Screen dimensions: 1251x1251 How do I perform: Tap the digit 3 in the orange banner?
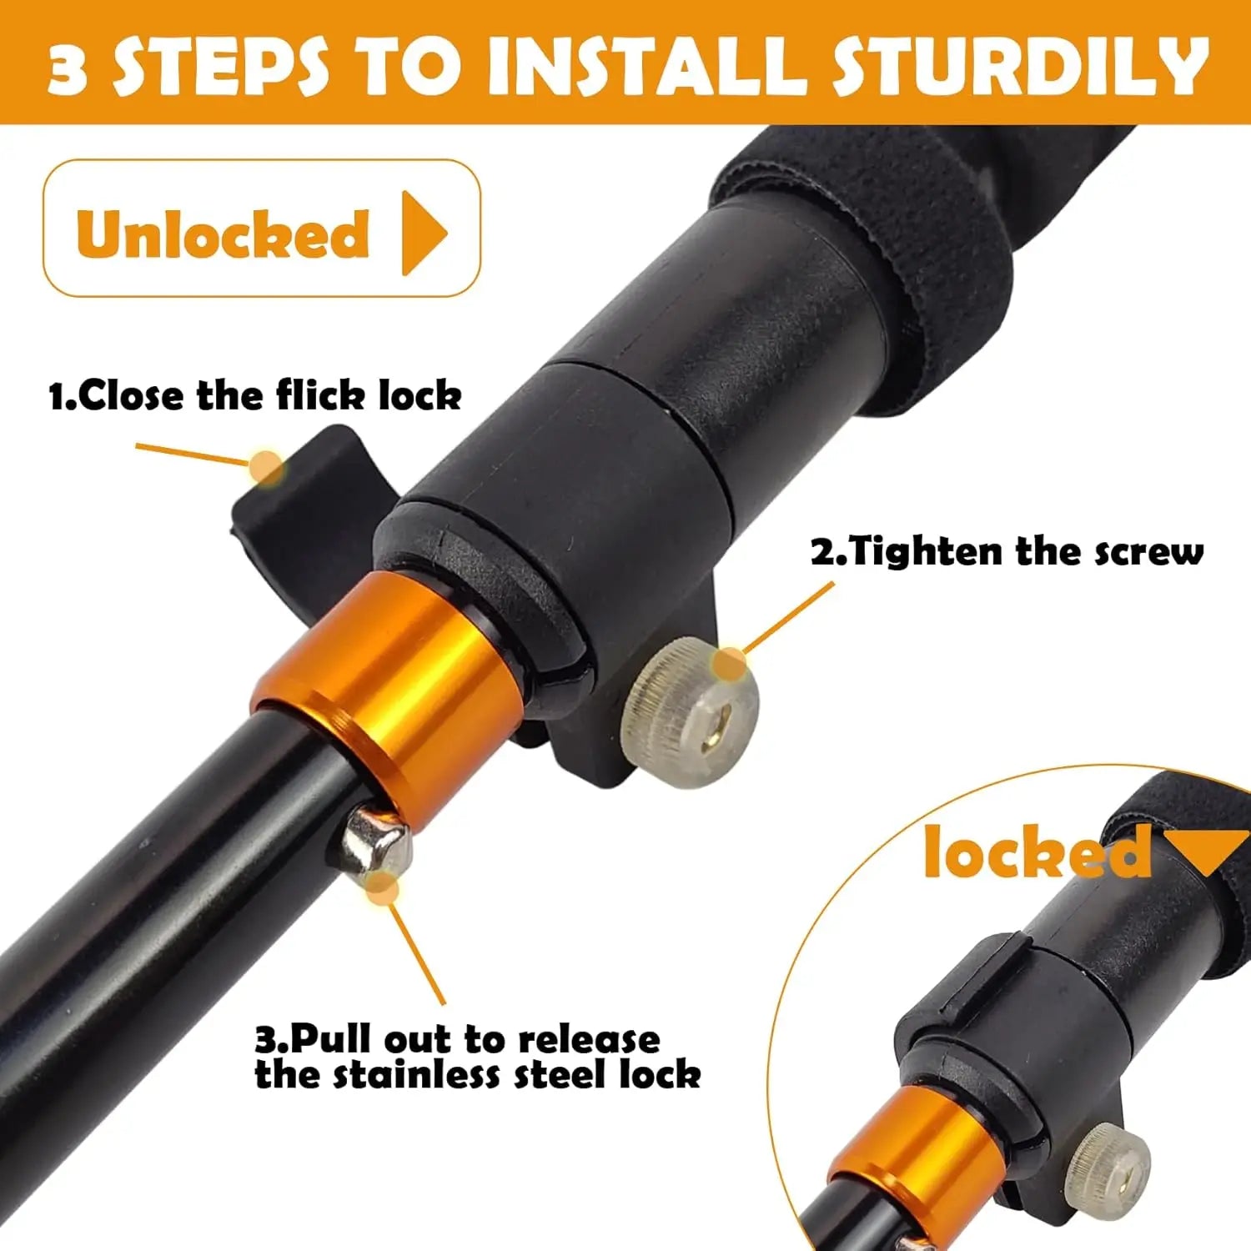(68, 68)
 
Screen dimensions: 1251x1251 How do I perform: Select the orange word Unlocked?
(223, 234)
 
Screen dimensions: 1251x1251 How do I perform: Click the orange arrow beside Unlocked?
(423, 233)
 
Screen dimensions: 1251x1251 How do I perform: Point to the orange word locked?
(1037, 852)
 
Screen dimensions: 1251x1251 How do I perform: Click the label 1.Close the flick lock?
(255, 395)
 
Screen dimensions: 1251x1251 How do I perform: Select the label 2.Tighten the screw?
(1007, 552)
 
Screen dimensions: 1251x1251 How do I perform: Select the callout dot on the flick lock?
(267, 467)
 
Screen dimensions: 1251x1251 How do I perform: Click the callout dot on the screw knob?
(731, 664)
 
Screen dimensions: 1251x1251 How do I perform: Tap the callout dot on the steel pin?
(382, 886)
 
